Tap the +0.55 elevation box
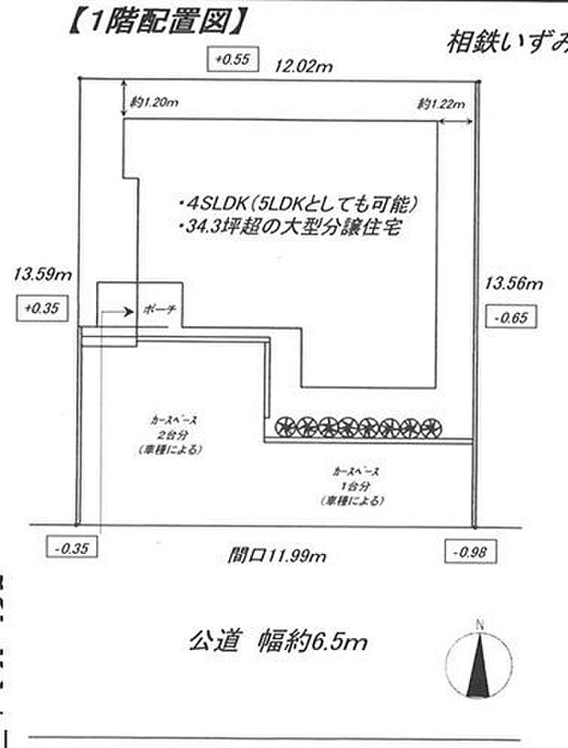231,60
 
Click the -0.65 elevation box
507,319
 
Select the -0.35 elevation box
71,549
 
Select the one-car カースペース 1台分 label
353,485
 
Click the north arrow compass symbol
478,664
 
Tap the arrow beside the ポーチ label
117,311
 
